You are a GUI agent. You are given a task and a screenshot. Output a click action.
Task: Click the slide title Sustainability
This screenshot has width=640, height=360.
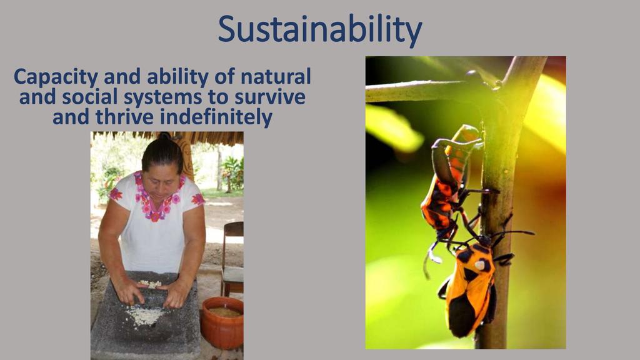coord(319,29)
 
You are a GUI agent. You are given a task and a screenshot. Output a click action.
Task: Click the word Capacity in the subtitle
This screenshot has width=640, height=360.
coord(56,77)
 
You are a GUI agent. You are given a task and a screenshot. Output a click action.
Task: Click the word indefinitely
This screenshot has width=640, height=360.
coord(216,118)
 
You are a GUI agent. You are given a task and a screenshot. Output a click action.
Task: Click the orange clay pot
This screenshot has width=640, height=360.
coord(222,322)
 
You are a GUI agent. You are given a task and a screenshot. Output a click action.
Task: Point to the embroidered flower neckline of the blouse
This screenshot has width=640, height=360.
coord(157,198)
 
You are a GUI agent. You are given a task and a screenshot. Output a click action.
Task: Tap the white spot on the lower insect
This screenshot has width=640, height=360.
coord(482,265)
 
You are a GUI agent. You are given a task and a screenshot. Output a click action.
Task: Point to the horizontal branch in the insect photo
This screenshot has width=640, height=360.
coord(424,91)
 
